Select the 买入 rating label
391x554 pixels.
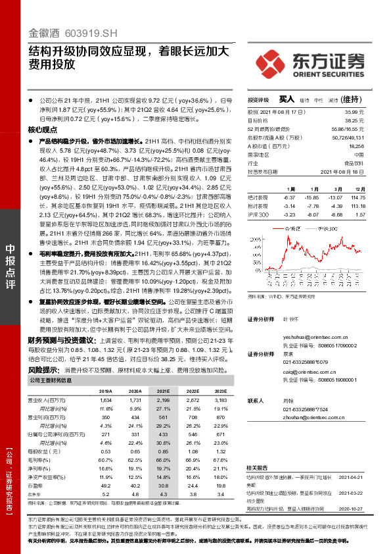coord(287,99)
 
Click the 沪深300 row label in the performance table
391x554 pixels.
coord(257,214)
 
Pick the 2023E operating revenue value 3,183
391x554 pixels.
coord(219,400)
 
